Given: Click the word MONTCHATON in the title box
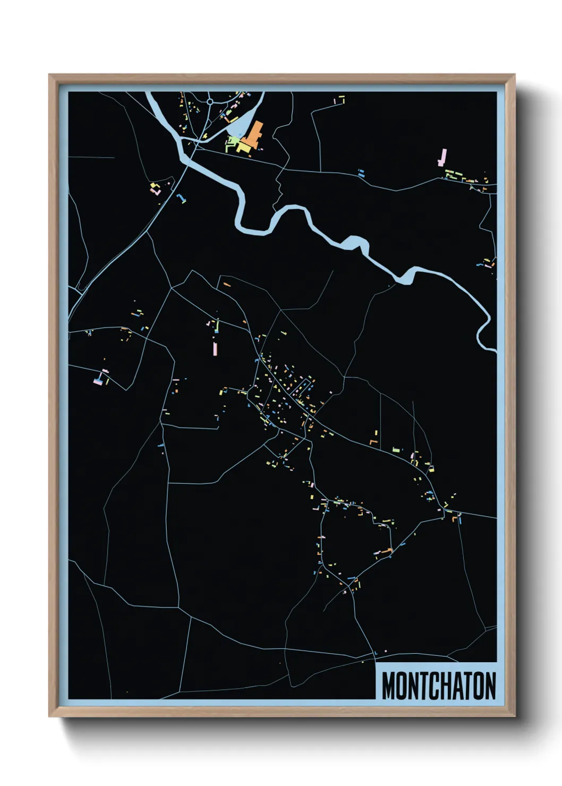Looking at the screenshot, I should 439,686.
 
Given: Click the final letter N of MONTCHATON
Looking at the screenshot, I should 490,686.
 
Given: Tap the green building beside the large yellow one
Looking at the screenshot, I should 233,142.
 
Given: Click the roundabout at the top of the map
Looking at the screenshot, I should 210,101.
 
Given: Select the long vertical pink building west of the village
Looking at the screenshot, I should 215,348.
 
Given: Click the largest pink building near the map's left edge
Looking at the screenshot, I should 98,380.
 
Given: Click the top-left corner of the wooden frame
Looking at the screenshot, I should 49,75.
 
